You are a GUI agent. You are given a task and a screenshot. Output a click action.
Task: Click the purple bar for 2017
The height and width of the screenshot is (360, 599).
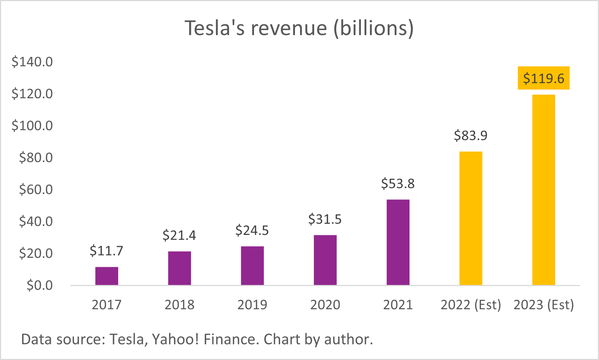[x=107, y=276]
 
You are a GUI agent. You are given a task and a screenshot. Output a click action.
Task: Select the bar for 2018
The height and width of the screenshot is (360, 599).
[x=179, y=268]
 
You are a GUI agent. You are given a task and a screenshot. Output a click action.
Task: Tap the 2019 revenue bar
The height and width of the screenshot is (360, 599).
[x=252, y=265]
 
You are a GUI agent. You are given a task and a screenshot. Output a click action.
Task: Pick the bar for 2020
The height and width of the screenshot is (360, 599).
[x=325, y=260]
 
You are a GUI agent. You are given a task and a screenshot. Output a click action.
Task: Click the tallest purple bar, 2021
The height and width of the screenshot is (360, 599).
[x=398, y=242]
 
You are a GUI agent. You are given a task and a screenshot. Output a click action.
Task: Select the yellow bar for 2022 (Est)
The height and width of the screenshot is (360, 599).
[x=471, y=218]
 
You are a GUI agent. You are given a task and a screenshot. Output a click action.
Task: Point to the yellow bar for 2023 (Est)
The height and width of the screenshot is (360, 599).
[x=544, y=190]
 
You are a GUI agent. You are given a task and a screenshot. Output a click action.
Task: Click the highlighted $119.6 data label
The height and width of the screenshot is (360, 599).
[x=544, y=78]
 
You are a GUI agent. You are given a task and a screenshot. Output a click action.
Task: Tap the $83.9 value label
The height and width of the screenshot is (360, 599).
[x=471, y=136]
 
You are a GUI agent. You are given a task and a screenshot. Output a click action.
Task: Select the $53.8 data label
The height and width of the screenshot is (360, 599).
[x=398, y=184]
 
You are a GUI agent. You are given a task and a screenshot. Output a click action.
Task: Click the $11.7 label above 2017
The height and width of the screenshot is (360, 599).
[x=107, y=251]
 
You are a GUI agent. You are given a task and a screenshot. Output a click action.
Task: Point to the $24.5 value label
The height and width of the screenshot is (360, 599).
[x=252, y=231]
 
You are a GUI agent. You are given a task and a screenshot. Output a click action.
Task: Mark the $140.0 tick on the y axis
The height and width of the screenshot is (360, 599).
[x=32, y=62]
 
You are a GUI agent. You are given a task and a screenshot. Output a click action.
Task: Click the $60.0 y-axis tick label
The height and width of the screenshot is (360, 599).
[x=36, y=190]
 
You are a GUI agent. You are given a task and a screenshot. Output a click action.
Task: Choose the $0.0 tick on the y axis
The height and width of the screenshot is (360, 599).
[x=39, y=285]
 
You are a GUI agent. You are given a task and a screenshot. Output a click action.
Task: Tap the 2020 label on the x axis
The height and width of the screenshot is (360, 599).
[x=325, y=305]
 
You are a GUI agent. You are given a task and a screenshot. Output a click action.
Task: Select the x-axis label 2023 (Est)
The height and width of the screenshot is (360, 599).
[x=544, y=305]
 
